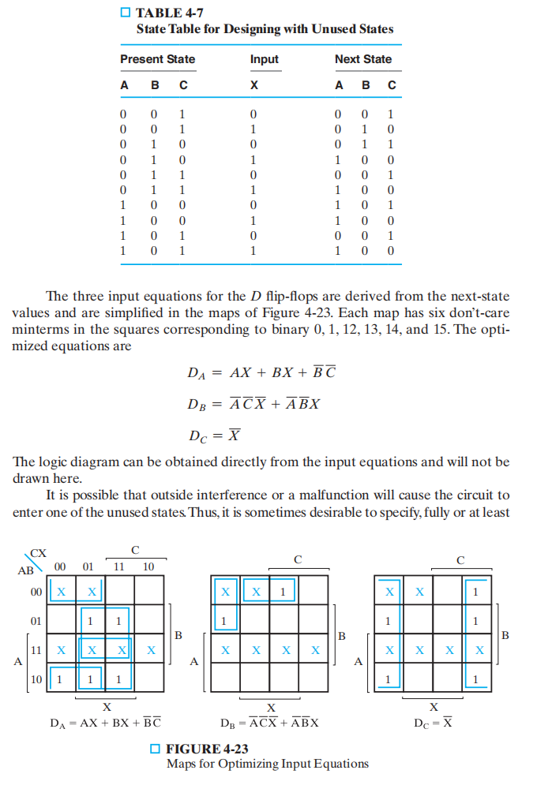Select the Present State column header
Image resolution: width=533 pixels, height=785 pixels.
pos(157,59)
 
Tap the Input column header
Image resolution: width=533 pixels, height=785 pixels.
pos(264,59)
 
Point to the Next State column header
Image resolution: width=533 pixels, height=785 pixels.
pos(363,59)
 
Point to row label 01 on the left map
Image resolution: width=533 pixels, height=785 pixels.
pos(36,620)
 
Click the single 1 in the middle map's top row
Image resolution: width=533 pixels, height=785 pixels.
pos(282,591)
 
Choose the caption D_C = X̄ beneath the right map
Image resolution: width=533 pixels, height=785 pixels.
pos(433,721)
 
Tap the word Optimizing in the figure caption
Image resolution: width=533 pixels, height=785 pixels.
pos(270,764)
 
